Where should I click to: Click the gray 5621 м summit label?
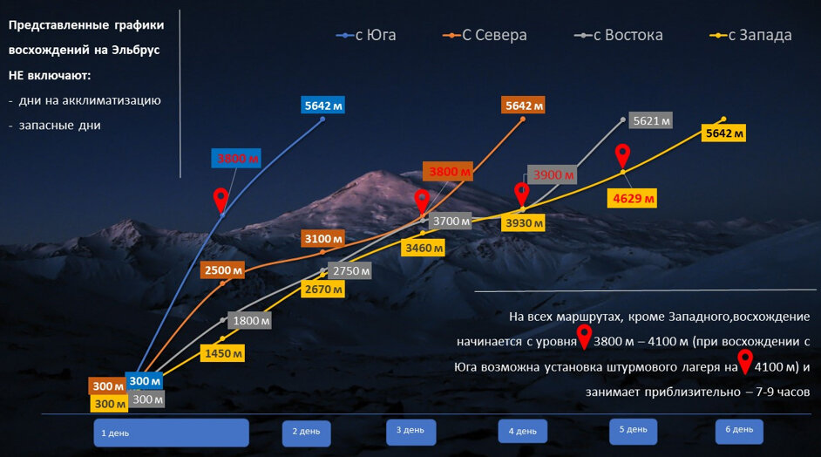coord(651,121)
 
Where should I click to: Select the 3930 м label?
coord(524,224)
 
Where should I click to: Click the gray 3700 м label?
coord(451,221)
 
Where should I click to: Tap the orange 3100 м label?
coord(323,238)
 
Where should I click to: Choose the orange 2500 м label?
coord(221,269)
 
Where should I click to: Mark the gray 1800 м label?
coord(250,320)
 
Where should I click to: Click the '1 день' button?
coord(171,433)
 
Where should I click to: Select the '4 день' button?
coord(523,431)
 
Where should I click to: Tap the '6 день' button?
coord(738,431)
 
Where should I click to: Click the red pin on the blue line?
coord(221,198)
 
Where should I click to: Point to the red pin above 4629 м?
coord(622,155)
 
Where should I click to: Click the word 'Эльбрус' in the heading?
coord(130,51)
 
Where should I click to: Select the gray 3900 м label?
coord(551,174)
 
